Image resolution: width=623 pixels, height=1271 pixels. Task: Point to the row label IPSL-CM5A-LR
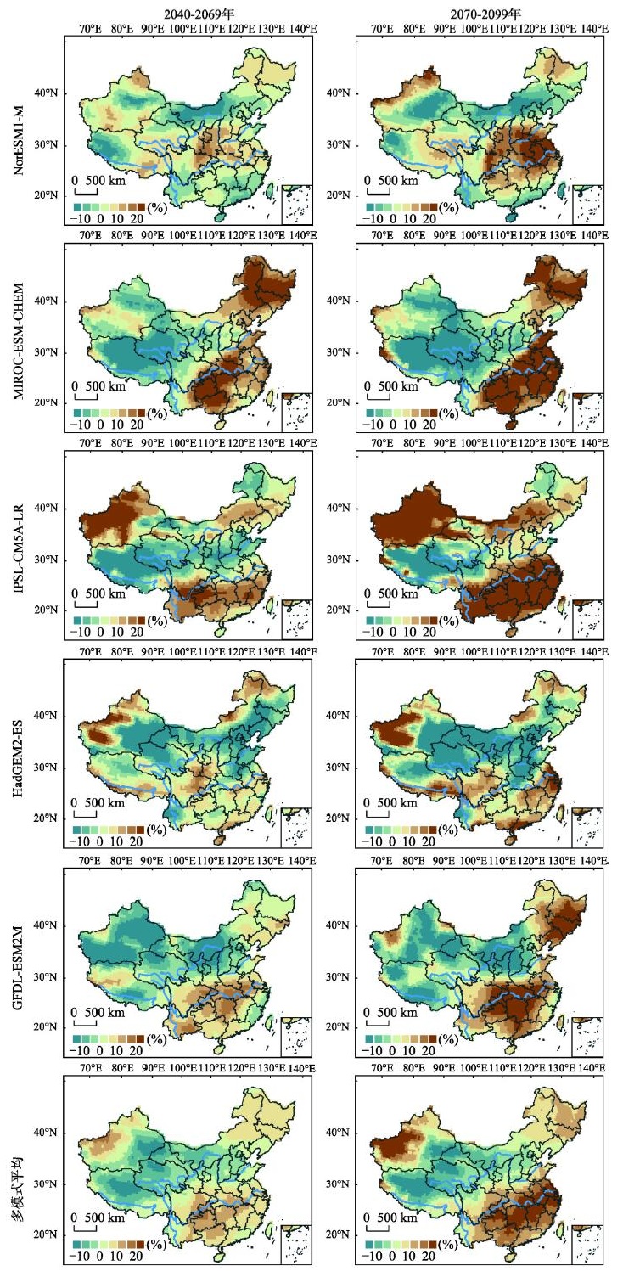click(19, 544)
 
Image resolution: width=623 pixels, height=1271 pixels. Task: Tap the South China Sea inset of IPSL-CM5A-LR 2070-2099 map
click(587, 619)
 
